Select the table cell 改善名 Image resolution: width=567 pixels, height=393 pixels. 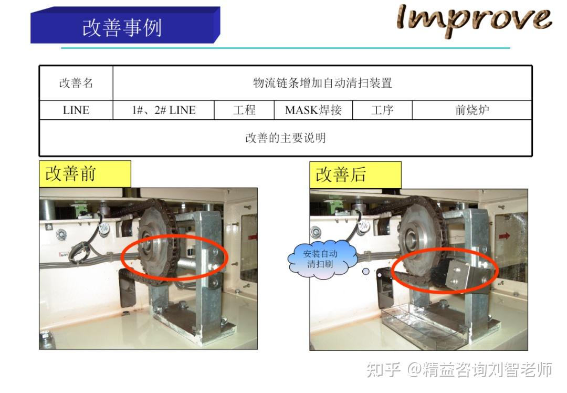point(76,83)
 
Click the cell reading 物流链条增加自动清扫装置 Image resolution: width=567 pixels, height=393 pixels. point(322,83)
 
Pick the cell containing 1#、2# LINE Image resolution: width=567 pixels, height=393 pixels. point(163,110)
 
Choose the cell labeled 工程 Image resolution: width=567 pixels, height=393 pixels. point(244,110)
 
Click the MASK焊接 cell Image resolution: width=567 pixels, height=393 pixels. point(313,110)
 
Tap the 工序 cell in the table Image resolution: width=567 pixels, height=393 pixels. point(382,110)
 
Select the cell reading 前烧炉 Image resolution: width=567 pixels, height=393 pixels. point(472,110)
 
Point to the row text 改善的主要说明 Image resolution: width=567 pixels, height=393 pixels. point(286,138)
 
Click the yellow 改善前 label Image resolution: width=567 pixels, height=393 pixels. point(85,174)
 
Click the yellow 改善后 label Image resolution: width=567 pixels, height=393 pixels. point(355,174)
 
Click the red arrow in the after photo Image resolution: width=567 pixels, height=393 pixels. point(505,236)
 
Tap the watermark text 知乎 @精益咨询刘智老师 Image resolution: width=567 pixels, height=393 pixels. point(459,370)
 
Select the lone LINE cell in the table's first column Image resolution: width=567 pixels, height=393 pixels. point(76,110)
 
